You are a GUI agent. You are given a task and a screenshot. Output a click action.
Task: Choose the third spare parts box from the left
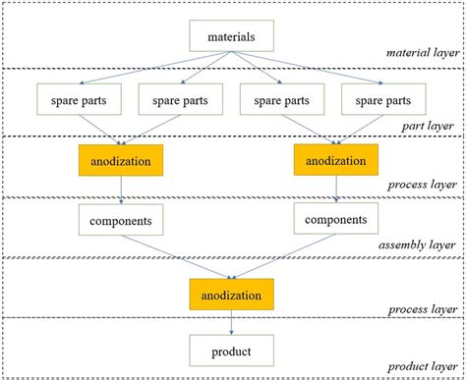(x=278, y=100)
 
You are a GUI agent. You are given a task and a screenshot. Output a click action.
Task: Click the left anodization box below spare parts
(x=119, y=160)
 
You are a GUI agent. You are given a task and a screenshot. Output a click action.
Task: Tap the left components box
(x=119, y=221)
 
